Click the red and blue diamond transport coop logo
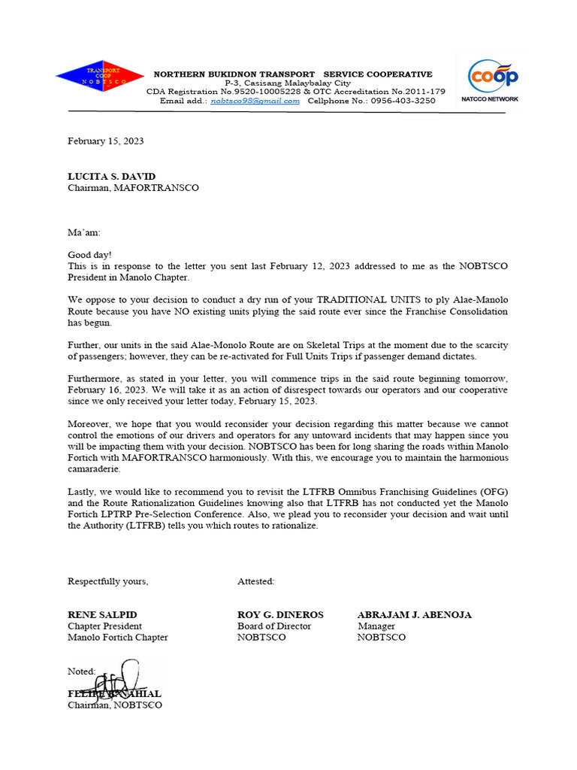pos(99,75)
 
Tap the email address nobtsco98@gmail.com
pos(255,101)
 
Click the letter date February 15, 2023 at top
pos(106,141)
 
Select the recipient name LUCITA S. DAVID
pos(112,177)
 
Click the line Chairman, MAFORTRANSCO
pos(134,187)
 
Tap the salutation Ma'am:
pos(84,233)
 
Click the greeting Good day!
pos(89,255)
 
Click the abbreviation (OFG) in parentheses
pos(488,492)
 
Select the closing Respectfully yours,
pos(108,581)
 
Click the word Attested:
pos(256,581)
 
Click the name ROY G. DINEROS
pos(281,614)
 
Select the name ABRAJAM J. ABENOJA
pos(414,614)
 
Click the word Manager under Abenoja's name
pos(376,626)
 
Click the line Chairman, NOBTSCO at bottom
pos(115,705)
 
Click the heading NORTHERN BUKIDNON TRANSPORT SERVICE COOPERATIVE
pos(293,74)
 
